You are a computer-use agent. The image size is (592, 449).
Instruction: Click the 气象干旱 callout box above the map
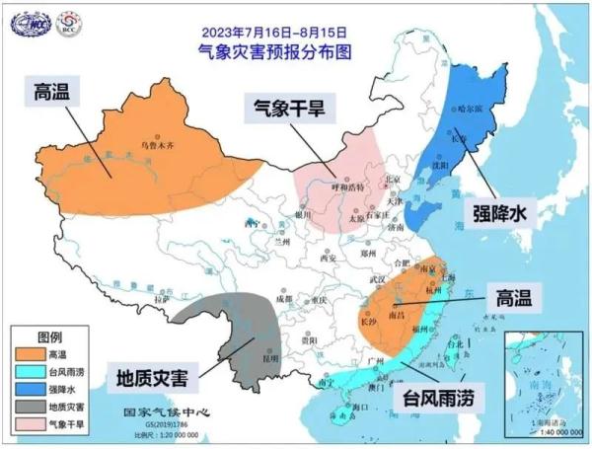coord(287,110)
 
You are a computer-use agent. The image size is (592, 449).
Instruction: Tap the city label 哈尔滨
coord(474,108)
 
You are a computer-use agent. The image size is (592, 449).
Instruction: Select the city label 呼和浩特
coord(350,186)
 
